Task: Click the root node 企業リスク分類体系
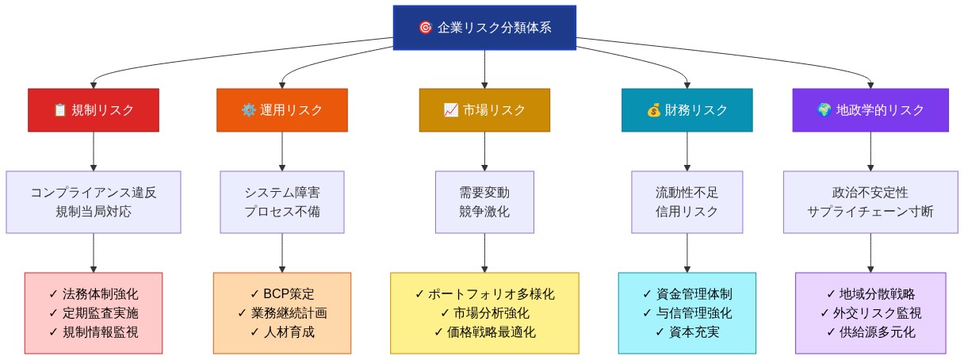(484, 27)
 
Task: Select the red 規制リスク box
(94, 110)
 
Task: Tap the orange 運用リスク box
(282, 110)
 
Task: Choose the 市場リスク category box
(484, 110)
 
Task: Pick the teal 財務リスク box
(687, 110)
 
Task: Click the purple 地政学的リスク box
(870, 110)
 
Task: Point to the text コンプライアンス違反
(94, 193)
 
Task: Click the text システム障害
(282, 193)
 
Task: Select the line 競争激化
(484, 212)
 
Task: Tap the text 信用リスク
(687, 212)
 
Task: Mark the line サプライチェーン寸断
(870, 212)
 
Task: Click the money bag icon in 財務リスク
(653, 110)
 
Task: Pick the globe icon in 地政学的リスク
(824, 110)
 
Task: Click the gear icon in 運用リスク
(248, 110)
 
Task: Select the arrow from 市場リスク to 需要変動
(484, 151)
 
